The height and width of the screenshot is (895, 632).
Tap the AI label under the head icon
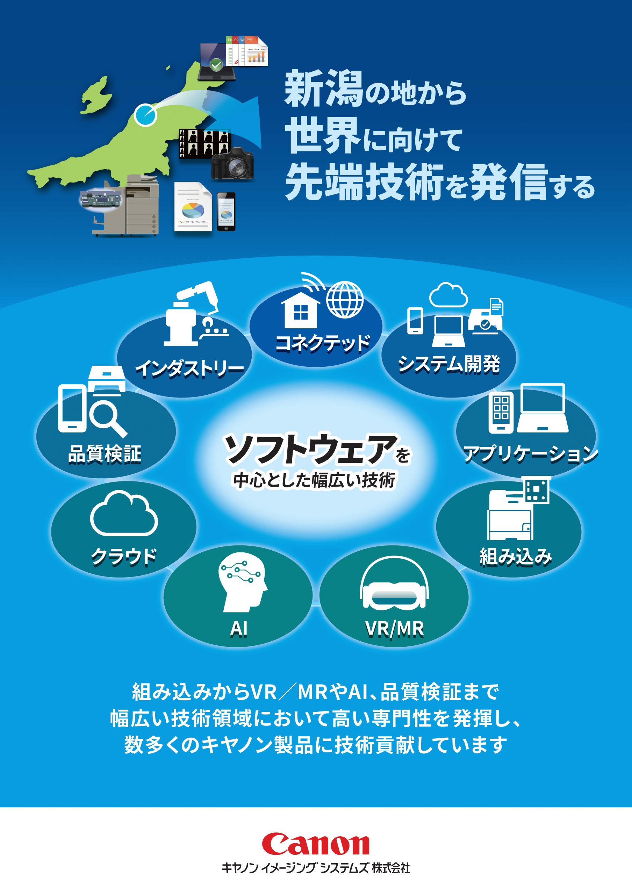pyautogui.click(x=238, y=628)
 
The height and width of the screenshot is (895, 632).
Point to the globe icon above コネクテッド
pyautogui.click(x=344, y=300)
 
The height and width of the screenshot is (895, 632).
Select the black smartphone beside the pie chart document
pyautogui.click(x=226, y=212)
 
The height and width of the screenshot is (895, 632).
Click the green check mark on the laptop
pyautogui.click(x=216, y=65)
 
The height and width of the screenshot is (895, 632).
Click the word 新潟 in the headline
pyautogui.click(x=324, y=89)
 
